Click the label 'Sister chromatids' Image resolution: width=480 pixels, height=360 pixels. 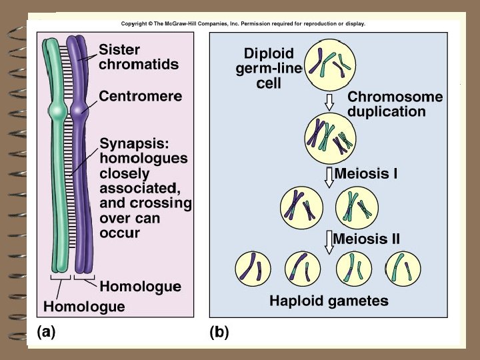click(x=138, y=57)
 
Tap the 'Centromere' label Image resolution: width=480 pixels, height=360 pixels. click(x=140, y=96)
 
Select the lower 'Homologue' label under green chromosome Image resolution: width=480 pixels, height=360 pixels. click(x=84, y=307)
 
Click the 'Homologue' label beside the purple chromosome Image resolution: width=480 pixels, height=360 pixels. click(x=140, y=287)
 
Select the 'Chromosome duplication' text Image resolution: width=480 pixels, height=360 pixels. click(x=395, y=104)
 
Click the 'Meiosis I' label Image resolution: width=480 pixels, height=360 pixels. click(x=366, y=175)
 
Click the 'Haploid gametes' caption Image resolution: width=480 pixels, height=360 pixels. click(x=328, y=301)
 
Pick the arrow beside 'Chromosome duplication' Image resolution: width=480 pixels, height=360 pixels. click(x=329, y=102)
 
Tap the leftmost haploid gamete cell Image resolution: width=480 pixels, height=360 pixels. click(x=252, y=268)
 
